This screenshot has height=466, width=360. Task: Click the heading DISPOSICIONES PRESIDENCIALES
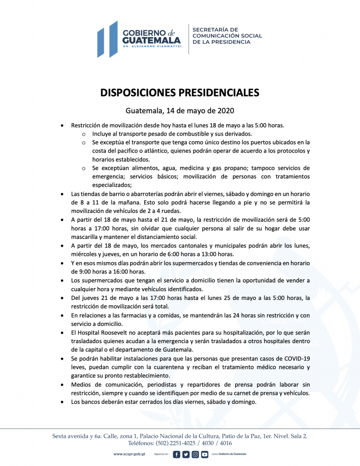click(x=180, y=92)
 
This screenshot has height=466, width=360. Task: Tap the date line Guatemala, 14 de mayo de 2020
click(x=180, y=111)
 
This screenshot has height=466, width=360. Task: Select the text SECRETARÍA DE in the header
click(x=215, y=29)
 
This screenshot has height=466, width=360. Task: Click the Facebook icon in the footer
click(x=177, y=454)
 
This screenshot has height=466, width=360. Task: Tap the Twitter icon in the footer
click(x=186, y=454)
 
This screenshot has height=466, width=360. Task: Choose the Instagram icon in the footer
click(x=195, y=454)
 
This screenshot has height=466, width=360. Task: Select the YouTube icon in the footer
click(x=205, y=454)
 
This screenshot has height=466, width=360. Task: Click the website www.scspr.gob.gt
click(x=129, y=454)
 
